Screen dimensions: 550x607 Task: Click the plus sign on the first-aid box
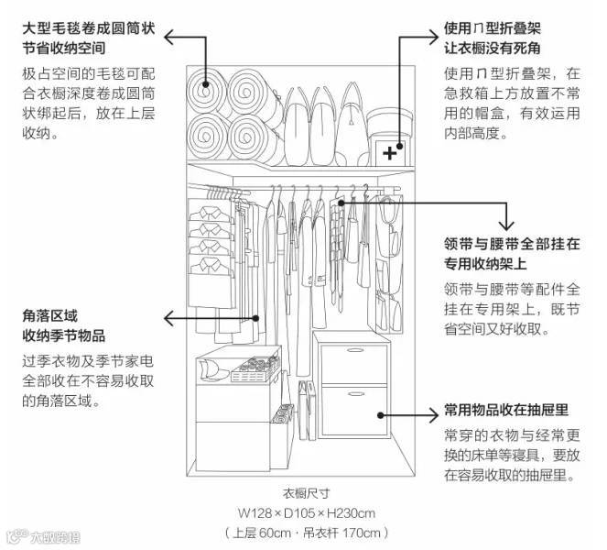coord(391,152)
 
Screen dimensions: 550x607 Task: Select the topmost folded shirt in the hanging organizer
coord(211,212)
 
